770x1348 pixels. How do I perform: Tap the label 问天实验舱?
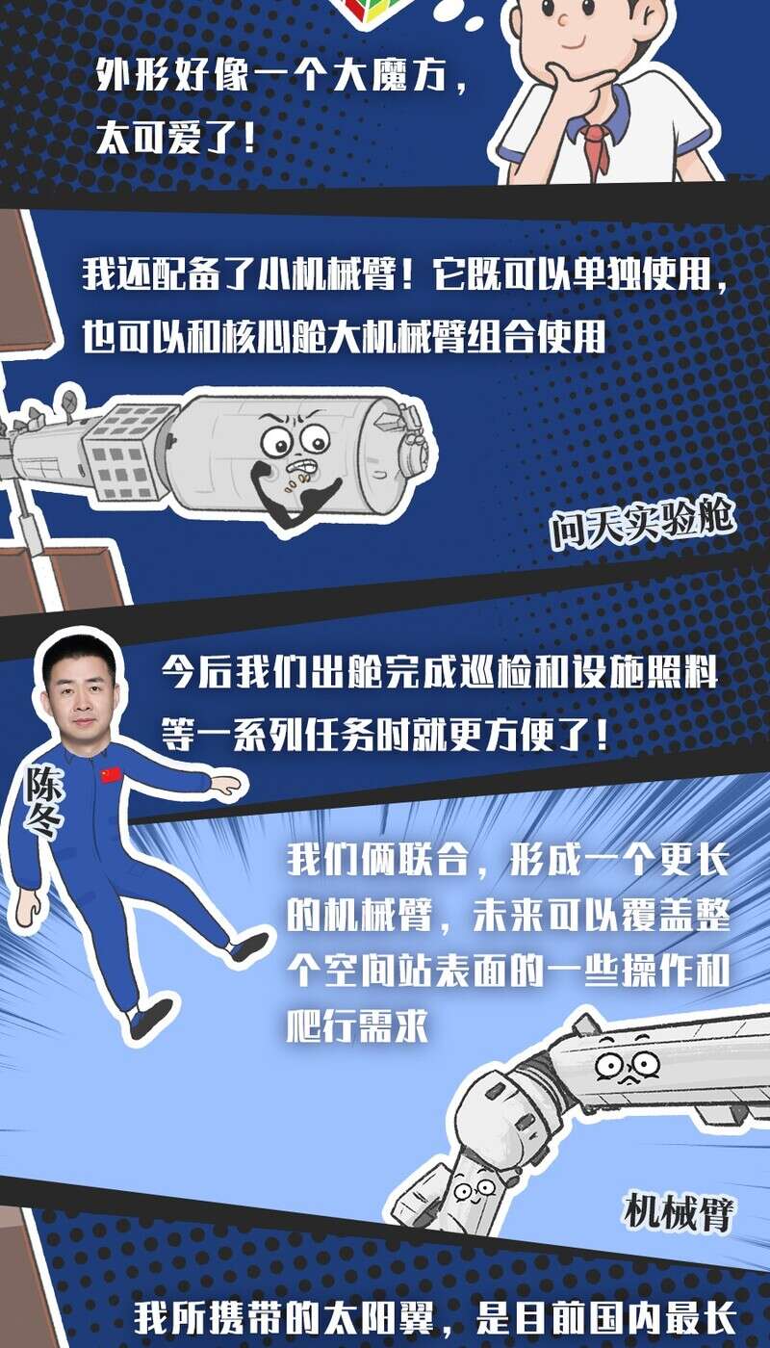642,522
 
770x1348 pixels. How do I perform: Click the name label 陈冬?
42,801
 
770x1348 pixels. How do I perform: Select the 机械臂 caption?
680,1210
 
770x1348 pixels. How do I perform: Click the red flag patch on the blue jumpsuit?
111,775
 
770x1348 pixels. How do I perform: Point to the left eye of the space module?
277,444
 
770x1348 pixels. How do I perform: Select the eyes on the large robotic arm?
627,1065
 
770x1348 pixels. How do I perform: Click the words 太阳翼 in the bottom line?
379,1317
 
